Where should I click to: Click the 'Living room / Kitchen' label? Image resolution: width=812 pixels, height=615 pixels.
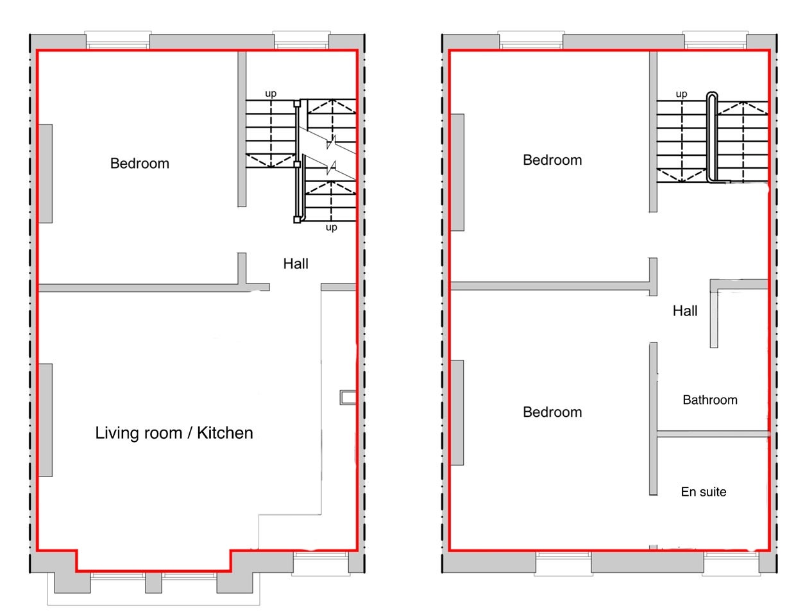click(x=174, y=433)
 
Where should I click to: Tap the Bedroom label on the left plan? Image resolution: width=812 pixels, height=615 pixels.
click(x=139, y=164)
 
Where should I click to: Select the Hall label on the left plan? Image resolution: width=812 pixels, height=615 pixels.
click(x=296, y=264)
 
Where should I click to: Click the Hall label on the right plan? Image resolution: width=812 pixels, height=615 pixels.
click(x=685, y=311)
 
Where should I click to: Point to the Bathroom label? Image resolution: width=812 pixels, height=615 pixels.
click(x=710, y=400)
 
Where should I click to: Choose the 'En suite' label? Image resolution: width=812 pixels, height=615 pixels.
click(x=703, y=492)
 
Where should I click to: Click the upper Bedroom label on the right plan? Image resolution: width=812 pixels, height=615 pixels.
click(x=552, y=160)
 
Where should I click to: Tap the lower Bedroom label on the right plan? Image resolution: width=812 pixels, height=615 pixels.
click(x=552, y=412)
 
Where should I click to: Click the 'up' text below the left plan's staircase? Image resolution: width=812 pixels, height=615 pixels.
click(x=331, y=227)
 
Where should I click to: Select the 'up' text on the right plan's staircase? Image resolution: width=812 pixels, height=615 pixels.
click(x=681, y=94)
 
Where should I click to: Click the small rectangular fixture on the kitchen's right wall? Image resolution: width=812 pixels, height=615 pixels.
click(x=348, y=397)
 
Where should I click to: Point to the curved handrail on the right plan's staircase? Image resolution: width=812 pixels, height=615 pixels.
click(x=711, y=138)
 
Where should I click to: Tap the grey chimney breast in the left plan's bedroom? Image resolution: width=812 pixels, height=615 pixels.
click(x=46, y=173)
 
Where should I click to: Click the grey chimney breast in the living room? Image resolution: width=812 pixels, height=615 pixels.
click(x=46, y=420)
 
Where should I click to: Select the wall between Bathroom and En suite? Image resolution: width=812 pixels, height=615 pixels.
click(x=713, y=434)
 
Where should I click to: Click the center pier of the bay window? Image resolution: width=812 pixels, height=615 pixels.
click(x=153, y=583)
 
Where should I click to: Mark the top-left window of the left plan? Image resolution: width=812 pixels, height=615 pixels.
click(x=118, y=40)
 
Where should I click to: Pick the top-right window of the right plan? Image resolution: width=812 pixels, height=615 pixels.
click(x=715, y=40)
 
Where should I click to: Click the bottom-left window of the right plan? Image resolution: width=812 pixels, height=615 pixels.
click(x=563, y=563)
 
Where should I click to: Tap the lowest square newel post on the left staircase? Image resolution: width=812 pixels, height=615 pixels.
click(x=297, y=220)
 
